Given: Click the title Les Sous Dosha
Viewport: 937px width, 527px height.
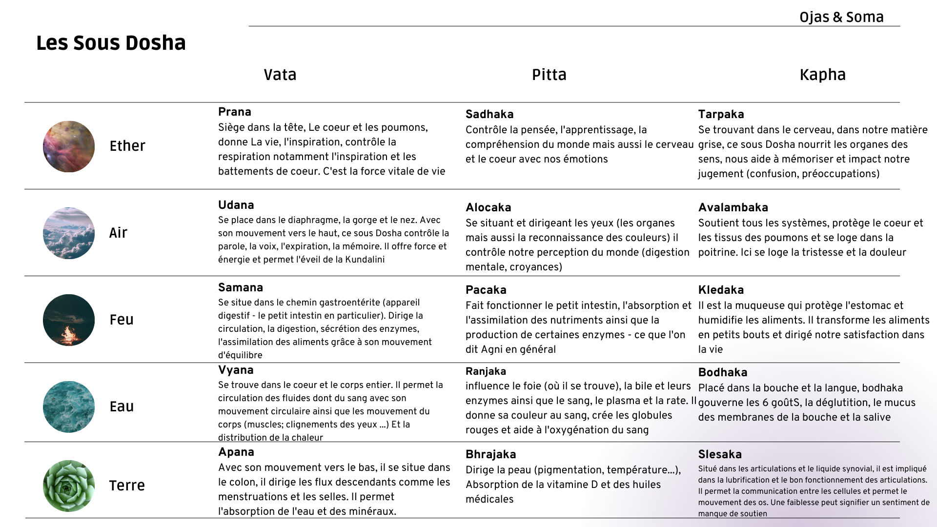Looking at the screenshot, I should click(x=111, y=43).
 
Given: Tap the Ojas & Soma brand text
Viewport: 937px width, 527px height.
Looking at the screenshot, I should click(x=841, y=17).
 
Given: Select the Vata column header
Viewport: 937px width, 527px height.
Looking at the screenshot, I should click(x=280, y=75).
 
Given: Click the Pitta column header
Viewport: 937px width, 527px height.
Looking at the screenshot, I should click(x=549, y=75).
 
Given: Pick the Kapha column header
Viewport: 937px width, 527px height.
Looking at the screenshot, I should click(x=822, y=75).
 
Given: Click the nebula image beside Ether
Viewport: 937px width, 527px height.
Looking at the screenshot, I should click(x=69, y=146).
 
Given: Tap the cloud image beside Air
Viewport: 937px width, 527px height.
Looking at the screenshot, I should click(x=69, y=233).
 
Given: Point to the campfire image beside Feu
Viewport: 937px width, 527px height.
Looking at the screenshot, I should click(x=69, y=320).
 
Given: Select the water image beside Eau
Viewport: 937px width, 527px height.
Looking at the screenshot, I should click(x=69, y=407).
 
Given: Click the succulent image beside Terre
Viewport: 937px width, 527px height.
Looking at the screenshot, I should click(x=69, y=486).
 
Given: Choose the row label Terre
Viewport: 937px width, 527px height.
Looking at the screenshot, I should click(x=127, y=486).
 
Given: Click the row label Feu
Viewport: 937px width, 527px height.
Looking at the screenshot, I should click(x=122, y=320).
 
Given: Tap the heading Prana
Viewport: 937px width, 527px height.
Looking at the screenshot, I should click(x=235, y=112).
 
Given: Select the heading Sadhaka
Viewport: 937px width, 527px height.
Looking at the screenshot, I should click(x=489, y=114).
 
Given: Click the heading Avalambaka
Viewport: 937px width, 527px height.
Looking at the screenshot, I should click(x=733, y=207).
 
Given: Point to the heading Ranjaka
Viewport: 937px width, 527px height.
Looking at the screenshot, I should click(x=486, y=371).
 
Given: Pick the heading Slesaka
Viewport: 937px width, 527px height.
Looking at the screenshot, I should click(x=720, y=454).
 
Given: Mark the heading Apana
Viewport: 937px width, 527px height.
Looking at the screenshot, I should click(x=236, y=452).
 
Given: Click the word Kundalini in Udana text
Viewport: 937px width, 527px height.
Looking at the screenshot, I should click(x=365, y=260).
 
